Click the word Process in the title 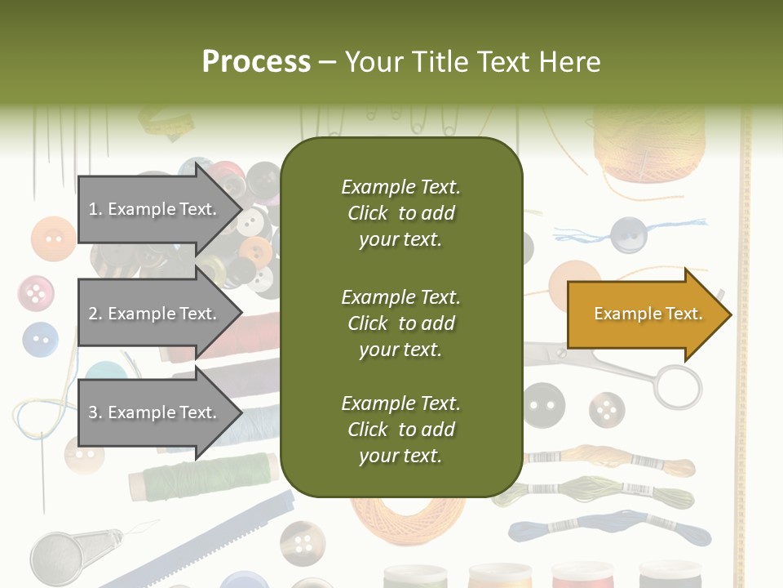point(256,61)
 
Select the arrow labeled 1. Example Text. point(155,209)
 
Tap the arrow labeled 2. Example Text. point(155,314)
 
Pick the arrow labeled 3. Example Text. point(155,412)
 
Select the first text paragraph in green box point(400,213)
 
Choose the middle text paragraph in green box point(400,323)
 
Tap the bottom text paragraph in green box point(400,430)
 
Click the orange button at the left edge point(53,239)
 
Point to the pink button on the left point(36,293)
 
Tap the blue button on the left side point(40,339)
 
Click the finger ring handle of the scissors point(676,386)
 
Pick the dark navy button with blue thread point(629,235)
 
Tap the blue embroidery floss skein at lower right point(608,530)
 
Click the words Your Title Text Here point(473,61)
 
